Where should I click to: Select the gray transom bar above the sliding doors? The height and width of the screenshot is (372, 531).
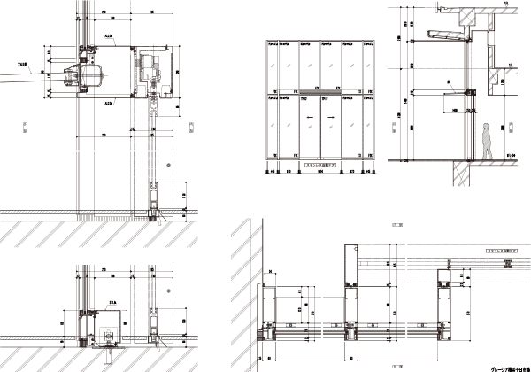coord(319,90)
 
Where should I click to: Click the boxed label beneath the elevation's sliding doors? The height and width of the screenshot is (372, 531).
coord(319,166)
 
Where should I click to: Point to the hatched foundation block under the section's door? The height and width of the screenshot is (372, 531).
coord(460,177)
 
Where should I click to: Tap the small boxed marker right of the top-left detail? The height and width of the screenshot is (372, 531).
coord(191,127)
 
